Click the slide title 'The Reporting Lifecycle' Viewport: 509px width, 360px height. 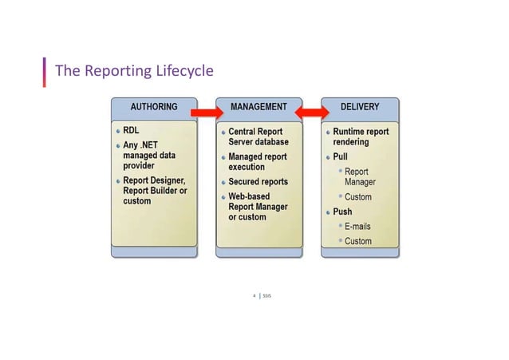point(133,72)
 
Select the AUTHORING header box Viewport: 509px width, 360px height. point(154,106)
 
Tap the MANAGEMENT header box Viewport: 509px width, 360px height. point(258,106)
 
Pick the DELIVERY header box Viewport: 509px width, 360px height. point(360,106)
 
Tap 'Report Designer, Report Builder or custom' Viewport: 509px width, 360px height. point(155,191)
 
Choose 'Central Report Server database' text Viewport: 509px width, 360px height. point(258,136)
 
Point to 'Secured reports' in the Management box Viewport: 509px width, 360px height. point(258,182)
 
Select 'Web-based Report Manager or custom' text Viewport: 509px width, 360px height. point(258,206)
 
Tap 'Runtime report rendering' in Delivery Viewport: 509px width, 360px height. point(361,136)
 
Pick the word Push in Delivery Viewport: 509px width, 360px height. point(342,212)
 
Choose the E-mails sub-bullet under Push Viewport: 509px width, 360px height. point(357,227)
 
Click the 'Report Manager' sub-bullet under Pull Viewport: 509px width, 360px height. point(360,177)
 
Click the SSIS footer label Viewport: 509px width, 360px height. point(266,295)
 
